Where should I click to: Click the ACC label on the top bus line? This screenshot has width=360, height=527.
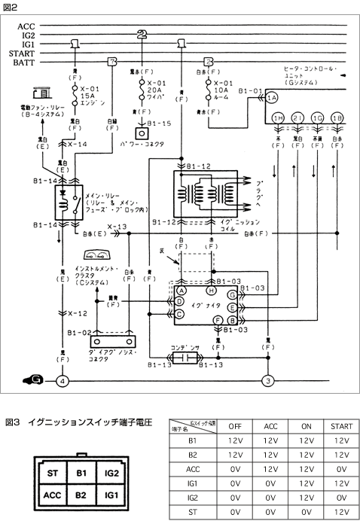click(26, 26)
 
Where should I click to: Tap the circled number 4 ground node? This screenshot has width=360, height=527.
click(63, 382)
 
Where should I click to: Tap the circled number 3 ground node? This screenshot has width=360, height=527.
click(267, 382)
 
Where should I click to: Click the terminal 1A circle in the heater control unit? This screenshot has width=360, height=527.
click(272, 98)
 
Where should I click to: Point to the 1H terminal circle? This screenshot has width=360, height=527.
click(278, 119)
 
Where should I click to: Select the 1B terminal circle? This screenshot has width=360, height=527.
click(337, 119)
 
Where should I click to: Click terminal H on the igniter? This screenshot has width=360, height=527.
click(212, 290)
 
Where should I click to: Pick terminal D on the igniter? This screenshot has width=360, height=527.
click(180, 301)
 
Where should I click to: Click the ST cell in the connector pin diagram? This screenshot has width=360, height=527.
click(52, 473)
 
